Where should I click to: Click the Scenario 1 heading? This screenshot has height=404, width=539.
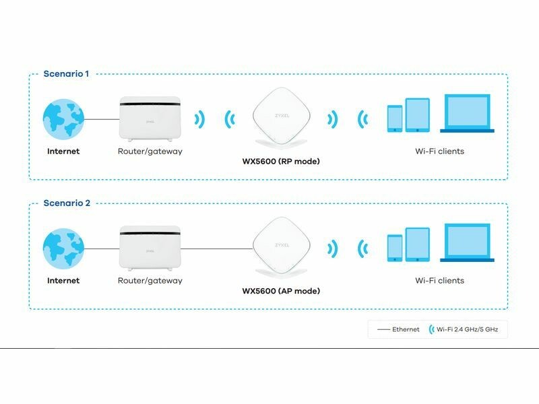point(66,73)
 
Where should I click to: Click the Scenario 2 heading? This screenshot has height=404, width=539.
point(66,203)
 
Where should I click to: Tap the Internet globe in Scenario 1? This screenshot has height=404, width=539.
point(63,119)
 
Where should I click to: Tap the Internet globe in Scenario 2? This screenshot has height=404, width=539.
point(63,248)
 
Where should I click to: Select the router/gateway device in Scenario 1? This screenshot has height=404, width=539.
point(150,119)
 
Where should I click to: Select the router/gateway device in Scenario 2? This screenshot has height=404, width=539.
point(150,247)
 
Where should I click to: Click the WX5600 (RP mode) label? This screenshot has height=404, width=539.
point(281,162)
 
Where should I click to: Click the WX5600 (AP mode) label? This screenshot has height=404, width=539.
point(281,291)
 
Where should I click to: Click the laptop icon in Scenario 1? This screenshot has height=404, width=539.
point(468,113)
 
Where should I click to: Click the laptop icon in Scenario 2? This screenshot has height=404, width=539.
point(468,242)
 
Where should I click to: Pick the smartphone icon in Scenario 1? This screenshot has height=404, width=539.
point(395,119)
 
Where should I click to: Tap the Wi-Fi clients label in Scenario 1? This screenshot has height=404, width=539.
point(439,151)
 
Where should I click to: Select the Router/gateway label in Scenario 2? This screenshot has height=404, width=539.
point(150,280)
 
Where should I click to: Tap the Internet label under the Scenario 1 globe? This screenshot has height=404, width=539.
point(63,151)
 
